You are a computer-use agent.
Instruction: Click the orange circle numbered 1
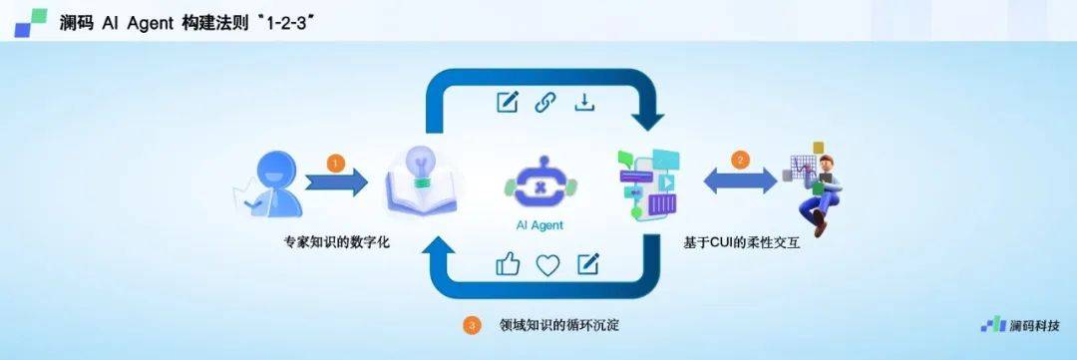[336, 162]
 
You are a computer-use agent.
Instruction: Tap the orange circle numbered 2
[739, 159]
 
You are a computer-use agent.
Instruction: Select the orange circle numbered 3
[472, 325]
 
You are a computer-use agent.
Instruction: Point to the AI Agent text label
[538, 225]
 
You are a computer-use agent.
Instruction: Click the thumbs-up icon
[509, 264]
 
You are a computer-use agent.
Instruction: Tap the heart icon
[548, 264]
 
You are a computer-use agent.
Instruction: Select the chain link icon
[544, 102]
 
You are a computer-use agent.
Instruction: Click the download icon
[583, 102]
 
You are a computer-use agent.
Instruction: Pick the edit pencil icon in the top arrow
[508, 102]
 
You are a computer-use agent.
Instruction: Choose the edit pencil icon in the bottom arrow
[588, 263]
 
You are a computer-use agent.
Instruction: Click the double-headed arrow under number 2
[740, 181]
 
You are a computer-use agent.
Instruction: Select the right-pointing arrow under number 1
[337, 183]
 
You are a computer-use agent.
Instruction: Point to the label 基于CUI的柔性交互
[741, 242]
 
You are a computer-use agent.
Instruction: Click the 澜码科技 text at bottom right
[1032, 325]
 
